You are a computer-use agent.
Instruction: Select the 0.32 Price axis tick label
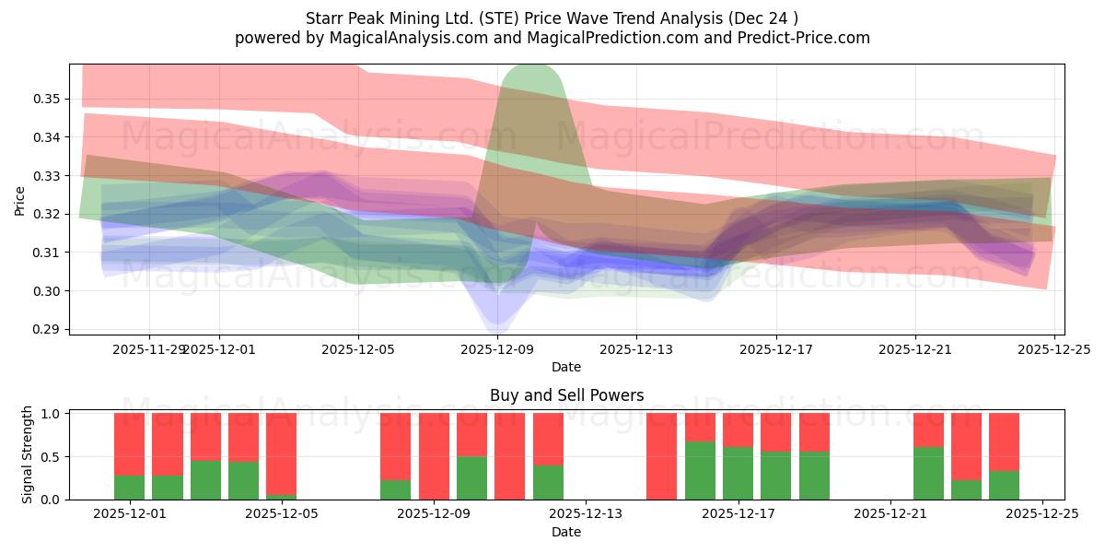pyautogui.click(x=49, y=214)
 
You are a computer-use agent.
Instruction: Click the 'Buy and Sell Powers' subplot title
pyautogui.click(x=566, y=395)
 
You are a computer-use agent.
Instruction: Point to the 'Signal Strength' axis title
pyautogui.click(x=28, y=454)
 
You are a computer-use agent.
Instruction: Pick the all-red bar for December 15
pyautogui.click(x=661, y=456)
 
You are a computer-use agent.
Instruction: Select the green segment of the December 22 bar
pyautogui.click(x=928, y=473)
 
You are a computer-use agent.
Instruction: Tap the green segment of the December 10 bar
pyautogui.click(x=509, y=498)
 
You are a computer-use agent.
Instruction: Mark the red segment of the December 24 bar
pyautogui.click(x=1004, y=442)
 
